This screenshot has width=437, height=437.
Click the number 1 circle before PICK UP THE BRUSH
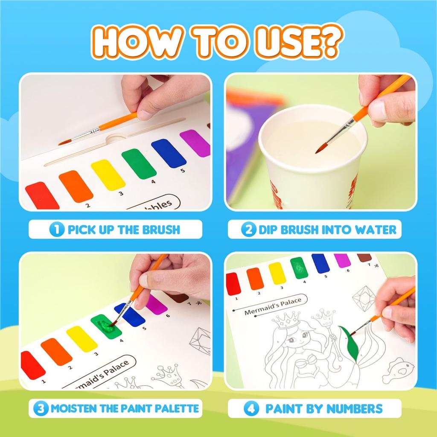pyautogui.click(x=57, y=230)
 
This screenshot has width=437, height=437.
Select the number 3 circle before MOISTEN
pyautogui.click(x=41, y=408)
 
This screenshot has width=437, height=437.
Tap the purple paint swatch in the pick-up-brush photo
pyautogui.click(x=195, y=143)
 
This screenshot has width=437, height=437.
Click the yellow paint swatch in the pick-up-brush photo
pyautogui.click(x=108, y=175)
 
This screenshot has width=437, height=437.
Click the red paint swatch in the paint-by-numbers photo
pyautogui.click(x=233, y=283)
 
